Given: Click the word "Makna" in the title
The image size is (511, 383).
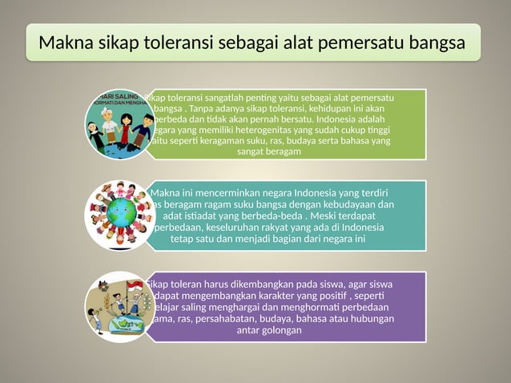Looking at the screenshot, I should tap(65, 42).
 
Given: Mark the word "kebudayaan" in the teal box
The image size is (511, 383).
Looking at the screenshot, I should tap(341, 204).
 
